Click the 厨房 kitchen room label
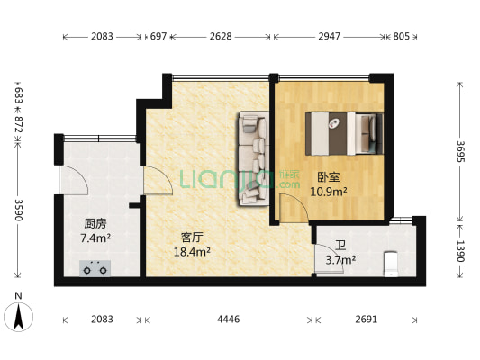point(96,223)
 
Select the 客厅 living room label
point(191,238)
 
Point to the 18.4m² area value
point(191,253)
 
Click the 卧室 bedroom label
point(328,177)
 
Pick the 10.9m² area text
point(328,192)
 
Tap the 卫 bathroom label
point(340,246)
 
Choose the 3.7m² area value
point(340,260)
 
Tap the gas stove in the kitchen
point(96,267)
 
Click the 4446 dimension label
point(229,319)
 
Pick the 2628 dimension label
point(222,37)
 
